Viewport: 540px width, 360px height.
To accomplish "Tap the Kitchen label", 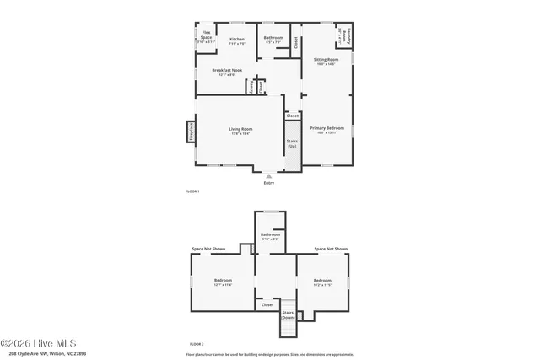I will tap(237, 39).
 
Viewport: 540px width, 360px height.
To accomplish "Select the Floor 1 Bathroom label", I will tap(273, 37).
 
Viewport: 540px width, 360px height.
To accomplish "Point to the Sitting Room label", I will tap(326, 60).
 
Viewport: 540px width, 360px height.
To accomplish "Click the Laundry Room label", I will tap(344, 36).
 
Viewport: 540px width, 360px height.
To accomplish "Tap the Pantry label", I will tap(251, 86).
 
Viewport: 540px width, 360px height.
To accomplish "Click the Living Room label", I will tap(240, 129).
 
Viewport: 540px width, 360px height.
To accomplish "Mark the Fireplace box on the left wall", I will tap(191, 135).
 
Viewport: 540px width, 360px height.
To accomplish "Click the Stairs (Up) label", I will tap(292, 143).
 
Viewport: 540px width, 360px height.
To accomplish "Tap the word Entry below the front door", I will tap(268, 183).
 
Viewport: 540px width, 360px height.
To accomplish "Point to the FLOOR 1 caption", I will tap(192, 192).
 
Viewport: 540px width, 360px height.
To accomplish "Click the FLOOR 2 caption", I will tap(197, 344).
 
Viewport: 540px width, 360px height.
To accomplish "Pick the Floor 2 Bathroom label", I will tap(270, 234).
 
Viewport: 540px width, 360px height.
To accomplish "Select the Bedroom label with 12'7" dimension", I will tap(223, 280).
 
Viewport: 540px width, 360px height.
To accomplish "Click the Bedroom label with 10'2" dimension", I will tap(322, 280).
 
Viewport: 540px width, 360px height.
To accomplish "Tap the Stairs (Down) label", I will tap(288, 314).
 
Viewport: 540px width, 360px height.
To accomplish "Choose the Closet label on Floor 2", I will tap(267, 304).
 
